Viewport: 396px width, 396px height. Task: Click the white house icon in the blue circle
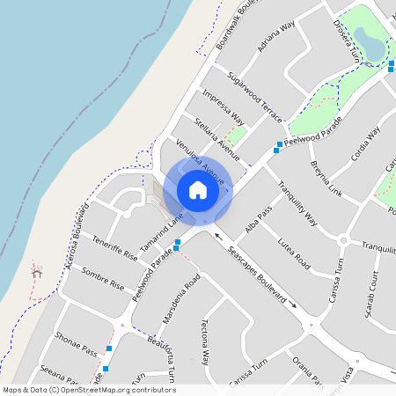[198, 189]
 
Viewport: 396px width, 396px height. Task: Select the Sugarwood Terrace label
[254, 97]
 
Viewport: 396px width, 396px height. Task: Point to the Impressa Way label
[223, 106]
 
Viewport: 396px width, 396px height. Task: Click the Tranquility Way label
[297, 203]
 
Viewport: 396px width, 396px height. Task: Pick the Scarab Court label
[373, 295]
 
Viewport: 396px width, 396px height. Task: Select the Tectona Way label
[205, 341]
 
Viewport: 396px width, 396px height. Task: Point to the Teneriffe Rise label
[115, 249]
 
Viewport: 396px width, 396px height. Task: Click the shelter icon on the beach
[36, 273]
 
